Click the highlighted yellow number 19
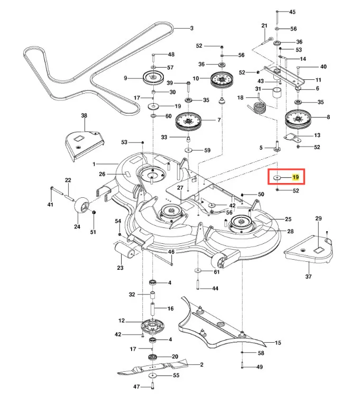coord(296,177)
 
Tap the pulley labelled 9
coord(153,77)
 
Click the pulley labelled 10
coord(221,79)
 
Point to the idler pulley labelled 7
coord(188,121)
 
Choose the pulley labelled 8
coord(298,120)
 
